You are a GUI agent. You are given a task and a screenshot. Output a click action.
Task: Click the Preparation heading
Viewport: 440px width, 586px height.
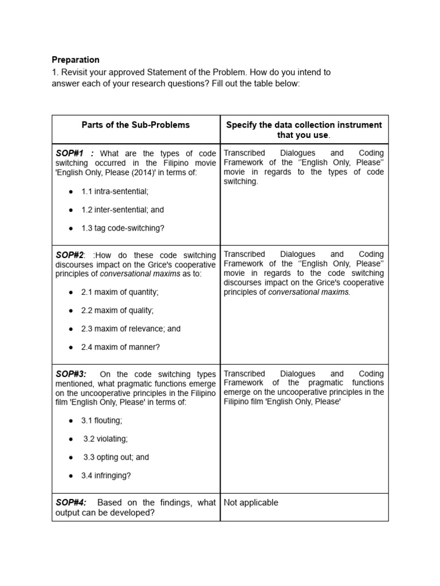(75, 60)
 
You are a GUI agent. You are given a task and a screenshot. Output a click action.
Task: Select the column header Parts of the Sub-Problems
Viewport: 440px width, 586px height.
(135, 125)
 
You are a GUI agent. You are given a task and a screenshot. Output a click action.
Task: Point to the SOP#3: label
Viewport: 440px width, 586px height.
(70, 374)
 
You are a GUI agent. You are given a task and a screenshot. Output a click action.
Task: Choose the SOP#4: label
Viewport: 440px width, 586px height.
(71, 502)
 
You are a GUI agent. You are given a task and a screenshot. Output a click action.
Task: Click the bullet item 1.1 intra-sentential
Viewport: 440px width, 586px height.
(115, 191)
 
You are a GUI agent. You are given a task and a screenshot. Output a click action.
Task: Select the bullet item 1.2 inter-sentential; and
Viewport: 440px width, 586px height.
(122, 209)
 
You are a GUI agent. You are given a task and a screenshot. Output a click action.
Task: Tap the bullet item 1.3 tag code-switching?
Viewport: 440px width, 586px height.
(123, 228)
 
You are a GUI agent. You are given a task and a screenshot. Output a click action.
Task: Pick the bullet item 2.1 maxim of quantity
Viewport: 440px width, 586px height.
(120, 292)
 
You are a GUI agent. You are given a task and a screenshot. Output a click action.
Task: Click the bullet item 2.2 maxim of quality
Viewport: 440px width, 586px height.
(117, 310)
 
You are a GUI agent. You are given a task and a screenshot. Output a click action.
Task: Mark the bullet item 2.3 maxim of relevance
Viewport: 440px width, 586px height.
(131, 328)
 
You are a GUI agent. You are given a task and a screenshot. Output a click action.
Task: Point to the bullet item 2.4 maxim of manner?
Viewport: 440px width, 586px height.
(120, 347)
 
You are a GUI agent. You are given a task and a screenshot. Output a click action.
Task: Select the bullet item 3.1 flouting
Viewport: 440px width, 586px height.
(101, 420)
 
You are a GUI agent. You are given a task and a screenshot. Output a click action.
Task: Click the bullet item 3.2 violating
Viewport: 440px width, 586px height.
(105, 439)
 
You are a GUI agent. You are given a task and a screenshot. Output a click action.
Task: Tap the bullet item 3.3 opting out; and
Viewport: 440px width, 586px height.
(116, 457)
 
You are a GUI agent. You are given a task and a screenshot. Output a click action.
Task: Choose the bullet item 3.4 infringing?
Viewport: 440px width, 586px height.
(106, 476)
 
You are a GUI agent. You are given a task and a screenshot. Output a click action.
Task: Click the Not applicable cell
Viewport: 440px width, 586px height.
(251, 502)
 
